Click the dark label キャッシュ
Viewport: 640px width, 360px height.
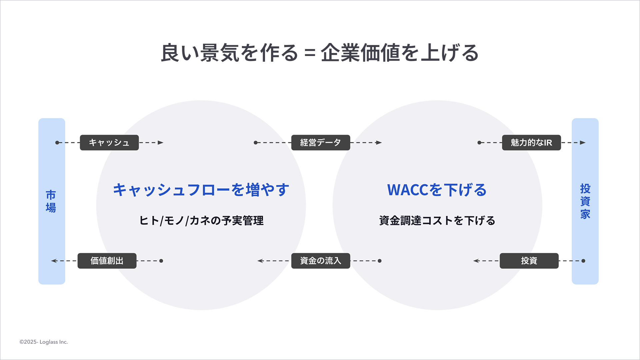109,143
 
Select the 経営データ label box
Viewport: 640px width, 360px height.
320,143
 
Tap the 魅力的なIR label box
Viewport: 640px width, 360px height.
531,143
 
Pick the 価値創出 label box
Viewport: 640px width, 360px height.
107,261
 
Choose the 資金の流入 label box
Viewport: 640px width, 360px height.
320,261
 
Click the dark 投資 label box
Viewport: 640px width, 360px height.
529,261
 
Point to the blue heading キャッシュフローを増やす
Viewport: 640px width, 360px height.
201,190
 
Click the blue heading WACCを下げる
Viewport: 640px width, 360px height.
437,190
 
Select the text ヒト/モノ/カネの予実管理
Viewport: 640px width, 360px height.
201,221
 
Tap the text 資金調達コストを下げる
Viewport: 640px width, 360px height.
437,221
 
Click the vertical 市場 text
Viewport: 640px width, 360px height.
51,201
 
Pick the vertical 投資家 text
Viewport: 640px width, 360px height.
585,201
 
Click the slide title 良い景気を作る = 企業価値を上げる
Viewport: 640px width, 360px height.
320,53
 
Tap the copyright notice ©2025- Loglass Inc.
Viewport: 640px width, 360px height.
44,342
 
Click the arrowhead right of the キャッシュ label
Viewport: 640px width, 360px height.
161,143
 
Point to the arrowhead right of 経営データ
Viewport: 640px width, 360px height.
379,143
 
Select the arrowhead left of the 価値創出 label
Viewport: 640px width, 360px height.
54,261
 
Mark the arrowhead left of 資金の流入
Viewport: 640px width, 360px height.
260,261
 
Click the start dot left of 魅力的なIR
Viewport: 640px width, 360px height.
479,143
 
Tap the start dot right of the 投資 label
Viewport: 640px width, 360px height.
583,261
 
